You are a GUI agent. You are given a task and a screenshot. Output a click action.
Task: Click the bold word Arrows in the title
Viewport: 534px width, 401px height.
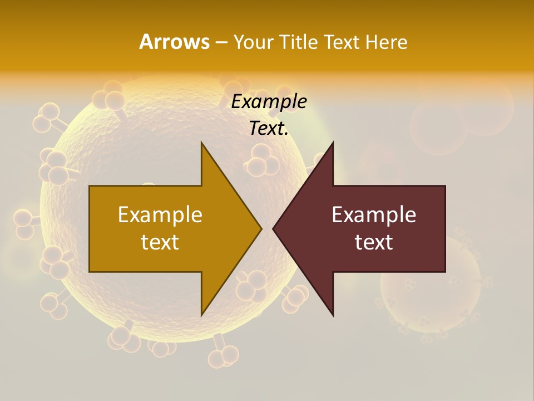[174, 42]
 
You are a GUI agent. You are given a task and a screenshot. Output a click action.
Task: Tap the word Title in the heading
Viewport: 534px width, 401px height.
[300, 42]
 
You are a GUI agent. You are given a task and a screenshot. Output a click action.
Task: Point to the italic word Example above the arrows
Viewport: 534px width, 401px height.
[269, 102]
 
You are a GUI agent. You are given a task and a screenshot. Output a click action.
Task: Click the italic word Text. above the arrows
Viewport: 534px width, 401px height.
[269, 129]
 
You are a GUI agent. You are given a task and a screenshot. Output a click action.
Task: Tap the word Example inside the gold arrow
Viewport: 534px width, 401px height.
[160, 215]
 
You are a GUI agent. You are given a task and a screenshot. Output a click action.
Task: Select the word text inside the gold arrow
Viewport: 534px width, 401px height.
[160, 242]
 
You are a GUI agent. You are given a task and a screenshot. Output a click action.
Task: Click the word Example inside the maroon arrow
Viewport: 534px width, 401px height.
[374, 215]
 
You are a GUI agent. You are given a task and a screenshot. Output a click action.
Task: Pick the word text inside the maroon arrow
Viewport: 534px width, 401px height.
[374, 242]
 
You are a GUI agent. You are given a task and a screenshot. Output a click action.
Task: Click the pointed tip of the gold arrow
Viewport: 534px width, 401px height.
[261, 228]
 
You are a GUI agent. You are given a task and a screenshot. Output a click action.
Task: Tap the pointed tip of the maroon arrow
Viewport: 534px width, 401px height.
[273, 228]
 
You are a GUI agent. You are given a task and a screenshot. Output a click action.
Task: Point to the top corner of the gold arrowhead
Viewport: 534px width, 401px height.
[201, 143]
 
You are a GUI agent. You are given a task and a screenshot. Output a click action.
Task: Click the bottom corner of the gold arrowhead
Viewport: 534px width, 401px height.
[201, 315]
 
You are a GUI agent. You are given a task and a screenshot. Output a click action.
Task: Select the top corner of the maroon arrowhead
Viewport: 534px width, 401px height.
[333, 143]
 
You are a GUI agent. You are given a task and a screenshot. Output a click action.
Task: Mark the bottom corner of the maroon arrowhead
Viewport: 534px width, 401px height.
[333, 315]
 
